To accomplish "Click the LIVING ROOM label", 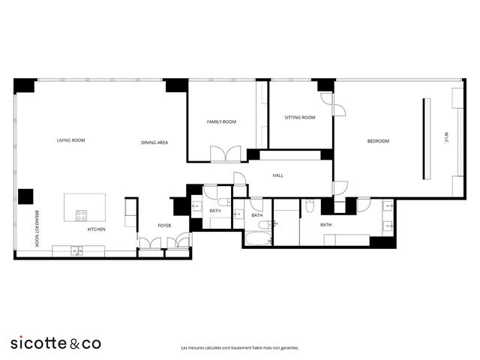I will [71, 140].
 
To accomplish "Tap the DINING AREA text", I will [154, 142].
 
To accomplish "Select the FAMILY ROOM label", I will [221, 121].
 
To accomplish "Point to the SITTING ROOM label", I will [299, 118].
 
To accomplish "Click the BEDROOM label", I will [378, 141].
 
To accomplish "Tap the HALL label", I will [277, 175].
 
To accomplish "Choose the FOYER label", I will [164, 225].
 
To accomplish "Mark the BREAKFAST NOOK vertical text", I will [34, 228].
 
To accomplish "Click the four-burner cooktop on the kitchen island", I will [80, 214].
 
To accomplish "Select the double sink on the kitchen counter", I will [76, 250].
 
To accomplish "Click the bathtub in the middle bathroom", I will [259, 238].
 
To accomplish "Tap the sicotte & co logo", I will [55, 343].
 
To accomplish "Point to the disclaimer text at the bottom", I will [239, 348].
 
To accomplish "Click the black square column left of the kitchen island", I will [25, 196].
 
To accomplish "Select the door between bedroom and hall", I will [340, 187].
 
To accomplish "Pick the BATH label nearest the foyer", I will [214, 211].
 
